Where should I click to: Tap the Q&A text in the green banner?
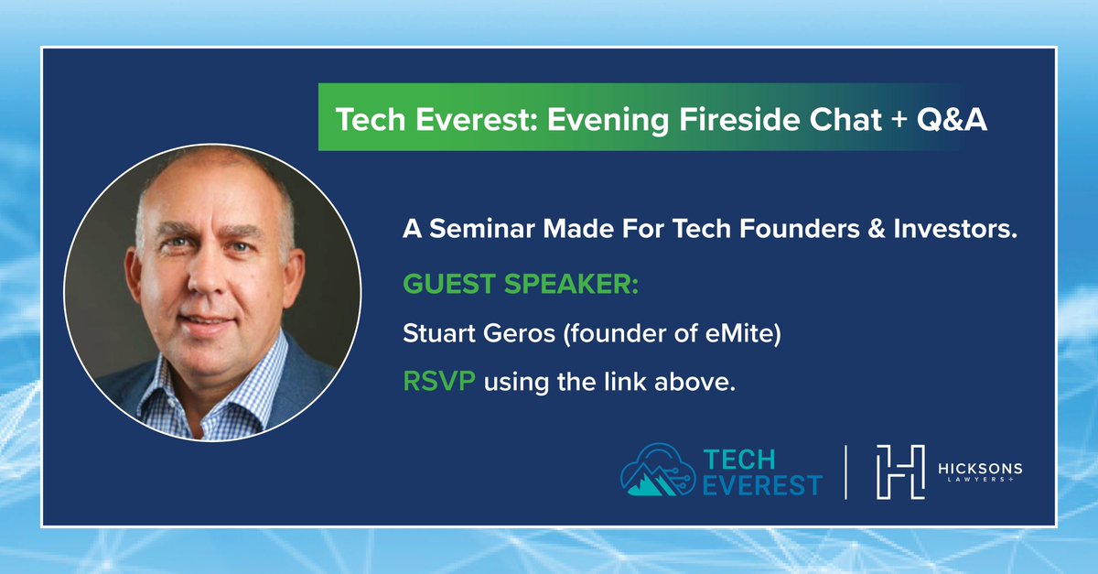pyautogui.click(x=952, y=119)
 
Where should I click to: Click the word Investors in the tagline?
pyautogui.click(x=955, y=229)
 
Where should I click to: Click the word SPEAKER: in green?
pyautogui.click(x=571, y=284)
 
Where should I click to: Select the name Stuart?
pyautogui.click(x=438, y=333)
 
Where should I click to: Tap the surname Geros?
pyautogui.click(x=519, y=333)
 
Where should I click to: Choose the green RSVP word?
pyautogui.click(x=439, y=381)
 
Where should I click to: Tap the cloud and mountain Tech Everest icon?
pyautogui.click(x=658, y=471)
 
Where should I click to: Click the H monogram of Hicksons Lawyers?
pyautogui.click(x=900, y=472)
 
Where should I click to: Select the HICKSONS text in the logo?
pyautogui.click(x=980, y=469)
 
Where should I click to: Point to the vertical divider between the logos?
pyautogui.click(x=846, y=472)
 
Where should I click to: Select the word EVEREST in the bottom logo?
pyautogui.click(x=762, y=485)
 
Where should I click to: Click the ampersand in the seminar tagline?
pyautogui.click(x=877, y=229)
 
